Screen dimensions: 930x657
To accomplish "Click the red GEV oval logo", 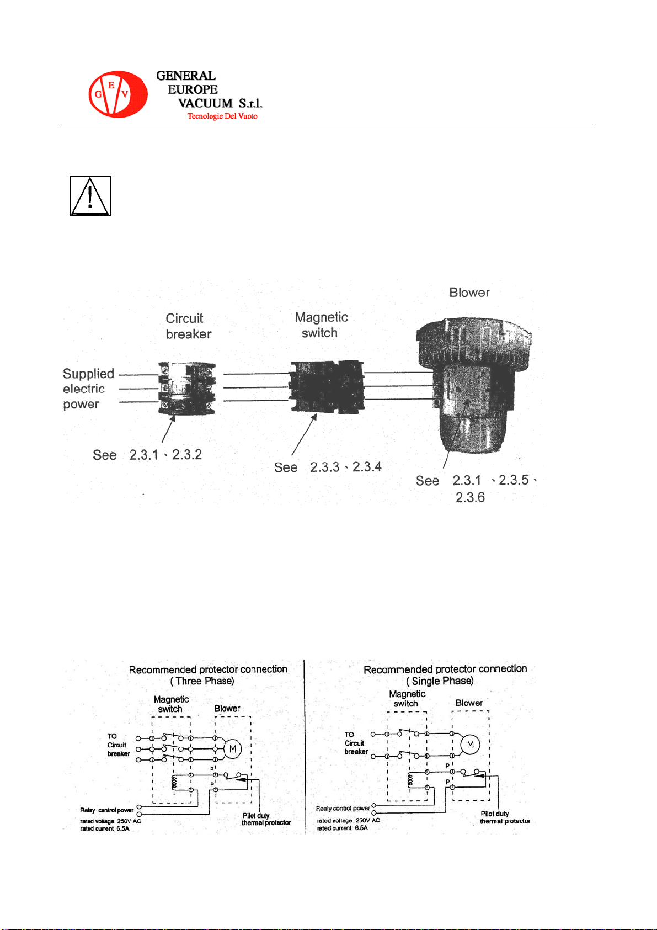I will [117, 94].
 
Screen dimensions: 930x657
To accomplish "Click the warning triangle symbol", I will [90, 196].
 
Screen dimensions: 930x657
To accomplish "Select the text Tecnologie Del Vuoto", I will [222, 116].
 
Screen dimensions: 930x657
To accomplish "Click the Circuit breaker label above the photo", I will [188, 326].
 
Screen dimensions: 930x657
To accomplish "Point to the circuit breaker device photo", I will [186, 388].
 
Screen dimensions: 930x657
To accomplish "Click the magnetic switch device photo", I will [327, 387].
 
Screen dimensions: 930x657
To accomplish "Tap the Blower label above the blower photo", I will [469, 293].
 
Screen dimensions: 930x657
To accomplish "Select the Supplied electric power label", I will [88, 389].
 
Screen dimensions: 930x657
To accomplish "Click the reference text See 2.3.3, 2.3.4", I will [328, 467].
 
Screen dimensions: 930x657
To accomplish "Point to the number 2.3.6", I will [470, 498].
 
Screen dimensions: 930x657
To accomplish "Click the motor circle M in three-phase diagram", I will [233, 749].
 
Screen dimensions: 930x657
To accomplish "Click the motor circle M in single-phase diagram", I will [471, 745].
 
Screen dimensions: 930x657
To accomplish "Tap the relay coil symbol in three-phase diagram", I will [174, 782].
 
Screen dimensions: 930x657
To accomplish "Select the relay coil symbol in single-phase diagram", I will [410, 780].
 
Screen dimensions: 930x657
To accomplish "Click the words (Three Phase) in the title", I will [202, 681].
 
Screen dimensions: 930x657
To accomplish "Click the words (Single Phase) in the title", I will [440, 681].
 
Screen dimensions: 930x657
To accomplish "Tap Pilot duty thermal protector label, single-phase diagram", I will [505, 817].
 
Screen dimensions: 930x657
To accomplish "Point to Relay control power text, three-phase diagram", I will [107, 810].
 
